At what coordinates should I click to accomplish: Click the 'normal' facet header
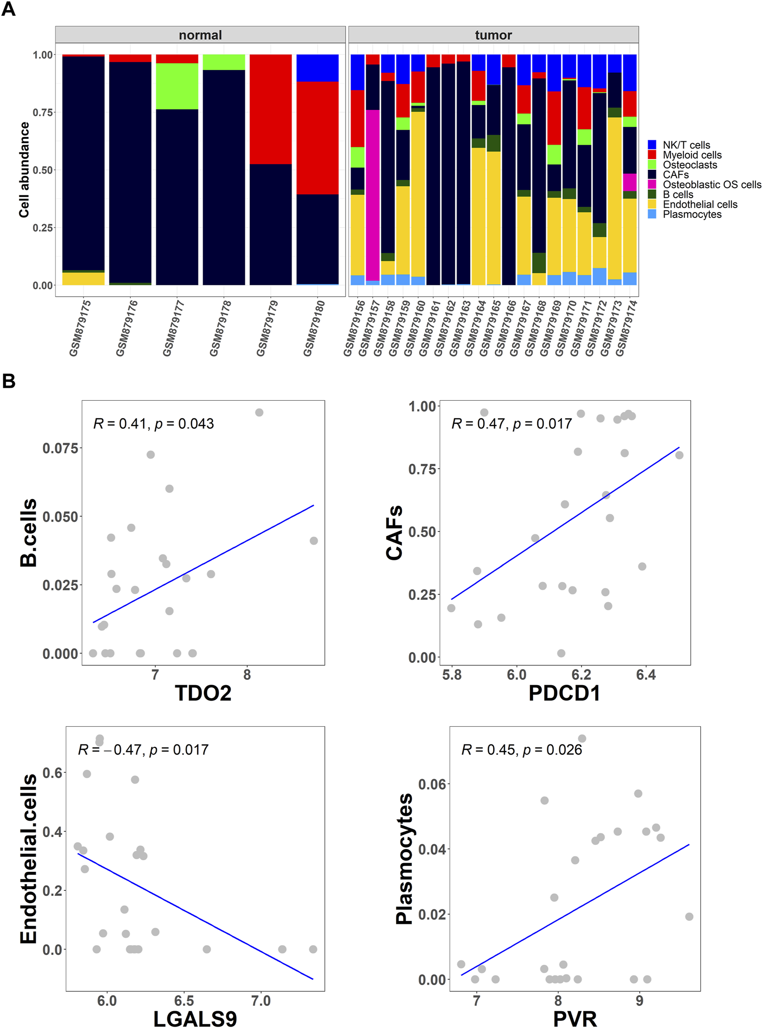[x=200, y=35]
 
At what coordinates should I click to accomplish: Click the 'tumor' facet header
[x=493, y=35]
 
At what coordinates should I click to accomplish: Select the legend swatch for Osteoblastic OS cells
[x=652, y=185]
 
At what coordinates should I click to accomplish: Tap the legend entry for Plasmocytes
[x=692, y=215]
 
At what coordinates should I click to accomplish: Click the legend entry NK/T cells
[x=686, y=145]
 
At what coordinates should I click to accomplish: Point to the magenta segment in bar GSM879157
[x=372, y=193]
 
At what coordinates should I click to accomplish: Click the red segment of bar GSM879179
[x=271, y=109]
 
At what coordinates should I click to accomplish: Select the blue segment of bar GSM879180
[x=317, y=68]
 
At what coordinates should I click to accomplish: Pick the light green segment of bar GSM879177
[x=177, y=86]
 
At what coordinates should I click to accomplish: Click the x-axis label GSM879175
[x=81, y=328]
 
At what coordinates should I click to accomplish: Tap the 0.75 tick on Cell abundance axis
[x=42, y=112]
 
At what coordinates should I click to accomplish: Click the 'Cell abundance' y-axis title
[x=24, y=170]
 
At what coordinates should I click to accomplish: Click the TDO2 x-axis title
[x=203, y=693]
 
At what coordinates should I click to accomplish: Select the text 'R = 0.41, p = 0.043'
[x=153, y=424]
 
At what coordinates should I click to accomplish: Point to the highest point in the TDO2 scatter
[x=259, y=412]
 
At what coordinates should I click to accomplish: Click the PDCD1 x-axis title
[x=564, y=693]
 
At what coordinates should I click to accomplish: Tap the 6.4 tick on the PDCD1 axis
[x=645, y=675]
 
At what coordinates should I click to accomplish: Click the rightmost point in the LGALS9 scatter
[x=313, y=949]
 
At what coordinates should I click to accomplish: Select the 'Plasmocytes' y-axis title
[x=404, y=859]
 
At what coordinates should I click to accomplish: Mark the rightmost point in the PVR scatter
[x=689, y=916]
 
